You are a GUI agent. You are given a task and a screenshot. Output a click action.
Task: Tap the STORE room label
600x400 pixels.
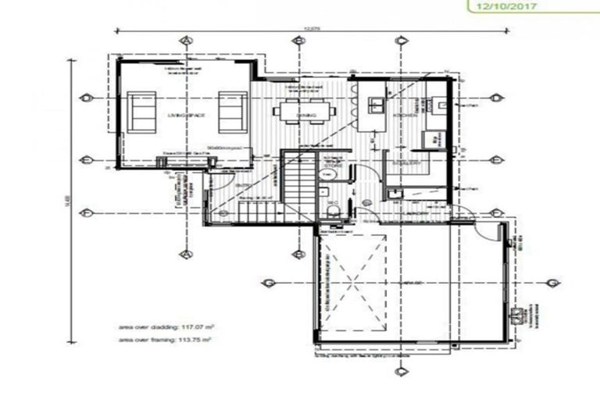pos(333,165)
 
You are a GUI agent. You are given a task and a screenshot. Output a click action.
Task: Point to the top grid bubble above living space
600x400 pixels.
pos(186,40)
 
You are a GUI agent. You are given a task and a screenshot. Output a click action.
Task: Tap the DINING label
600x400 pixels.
pos(307,118)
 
